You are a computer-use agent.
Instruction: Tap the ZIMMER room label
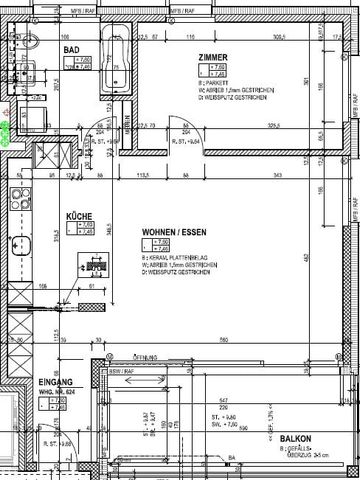pos(216,59)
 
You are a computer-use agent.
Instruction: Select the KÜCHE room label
pos(80,215)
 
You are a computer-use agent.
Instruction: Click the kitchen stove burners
pos(18,193)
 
